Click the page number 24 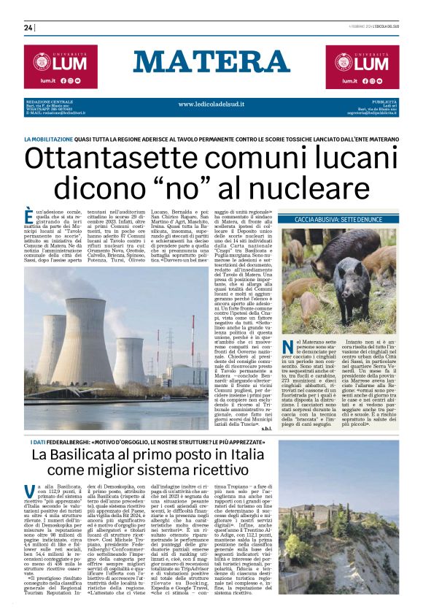click(x=28, y=28)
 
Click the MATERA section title click(x=211, y=64)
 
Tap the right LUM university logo click(x=362, y=62)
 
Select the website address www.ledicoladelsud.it click(x=211, y=104)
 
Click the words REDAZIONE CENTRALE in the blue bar click(x=49, y=101)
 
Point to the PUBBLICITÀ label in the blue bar click(x=384, y=101)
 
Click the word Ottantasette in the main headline click(x=117, y=158)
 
